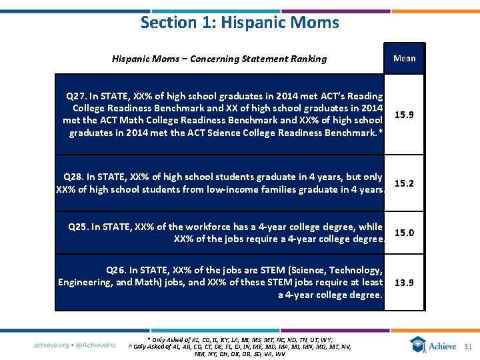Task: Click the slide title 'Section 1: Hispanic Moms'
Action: (239, 22)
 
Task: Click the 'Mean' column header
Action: (404, 58)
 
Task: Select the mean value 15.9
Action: (404, 115)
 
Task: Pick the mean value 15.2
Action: (404, 183)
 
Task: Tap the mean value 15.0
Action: (404, 233)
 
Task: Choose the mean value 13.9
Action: (404, 282)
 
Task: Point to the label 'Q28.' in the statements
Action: (75, 177)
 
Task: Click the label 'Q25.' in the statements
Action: (80, 227)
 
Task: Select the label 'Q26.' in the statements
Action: (118, 270)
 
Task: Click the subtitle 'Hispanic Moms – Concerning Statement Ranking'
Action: (219, 59)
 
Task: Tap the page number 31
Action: (467, 346)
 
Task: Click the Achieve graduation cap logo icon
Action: (417, 344)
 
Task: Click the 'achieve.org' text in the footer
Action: (51, 345)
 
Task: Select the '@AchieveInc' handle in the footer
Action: (95, 345)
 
